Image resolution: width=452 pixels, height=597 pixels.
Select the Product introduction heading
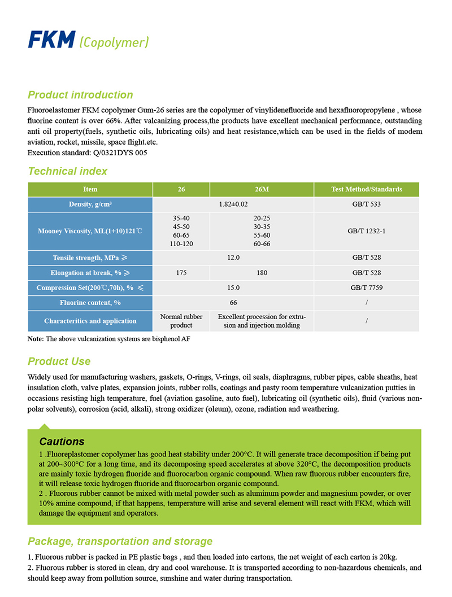pos(80,95)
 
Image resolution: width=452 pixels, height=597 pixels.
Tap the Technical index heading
pos(67,171)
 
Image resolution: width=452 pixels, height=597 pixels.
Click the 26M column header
pos(262,189)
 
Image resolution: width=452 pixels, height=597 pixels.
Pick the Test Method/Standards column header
pos(367,189)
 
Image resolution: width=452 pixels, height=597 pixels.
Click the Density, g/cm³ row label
pos(90,204)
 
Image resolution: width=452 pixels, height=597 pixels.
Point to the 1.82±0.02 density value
pos(233,204)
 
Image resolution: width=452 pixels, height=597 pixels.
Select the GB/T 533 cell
pos(367,204)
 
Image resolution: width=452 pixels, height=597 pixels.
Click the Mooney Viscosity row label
pos(90,231)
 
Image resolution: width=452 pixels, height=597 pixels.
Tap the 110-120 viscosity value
pos(181,243)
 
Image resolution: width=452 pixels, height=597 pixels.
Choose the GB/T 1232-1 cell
pos(367,231)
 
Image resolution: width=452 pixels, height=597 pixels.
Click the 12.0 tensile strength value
pos(233,258)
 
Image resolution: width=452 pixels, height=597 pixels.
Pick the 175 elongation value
pos(181,273)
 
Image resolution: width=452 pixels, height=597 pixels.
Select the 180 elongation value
pos(262,273)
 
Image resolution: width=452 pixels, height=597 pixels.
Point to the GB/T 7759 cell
pos(367,287)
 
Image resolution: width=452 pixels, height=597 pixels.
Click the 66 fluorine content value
pos(233,303)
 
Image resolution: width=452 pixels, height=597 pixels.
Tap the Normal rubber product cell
pos(181,321)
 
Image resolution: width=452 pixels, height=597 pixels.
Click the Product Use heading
pos(59,361)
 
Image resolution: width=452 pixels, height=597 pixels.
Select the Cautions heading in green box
pos(62,442)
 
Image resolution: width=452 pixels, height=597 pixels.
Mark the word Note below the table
pos(34,339)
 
